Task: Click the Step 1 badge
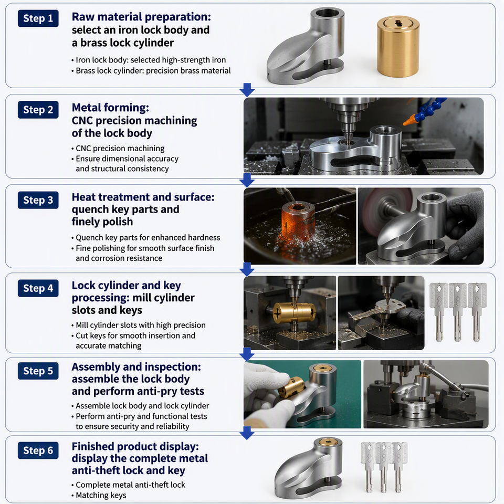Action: (x=38, y=18)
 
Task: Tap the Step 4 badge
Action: (x=38, y=288)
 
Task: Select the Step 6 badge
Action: (x=38, y=450)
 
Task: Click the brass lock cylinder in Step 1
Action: (x=398, y=47)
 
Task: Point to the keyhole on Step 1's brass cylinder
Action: (x=398, y=23)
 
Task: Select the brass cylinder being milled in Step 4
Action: (x=294, y=312)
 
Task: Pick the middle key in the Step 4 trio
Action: (x=457, y=311)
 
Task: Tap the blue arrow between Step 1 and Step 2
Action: (x=247, y=90)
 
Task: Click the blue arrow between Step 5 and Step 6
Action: (x=247, y=433)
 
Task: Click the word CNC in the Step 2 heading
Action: (x=82, y=121)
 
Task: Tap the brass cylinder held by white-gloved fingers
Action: (x=290, y=388)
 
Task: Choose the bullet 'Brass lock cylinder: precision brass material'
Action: (x=153, y=71)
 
